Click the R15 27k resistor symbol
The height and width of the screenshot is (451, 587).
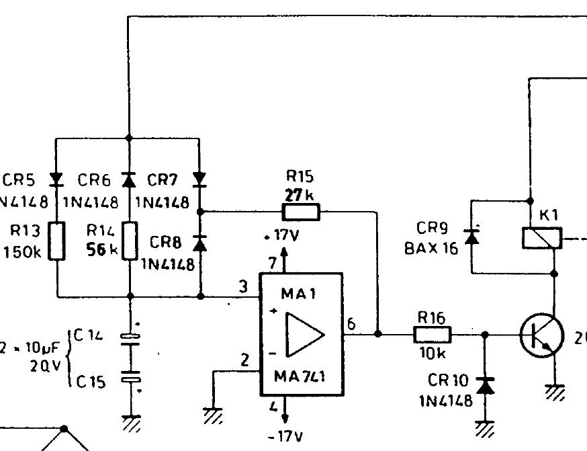pyautogui.click(x=301, y=212)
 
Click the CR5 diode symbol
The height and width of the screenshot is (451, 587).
pyautogui.click(x=57, y=179)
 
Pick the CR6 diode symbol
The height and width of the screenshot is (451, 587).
pyautogui.click(x=128, y=179)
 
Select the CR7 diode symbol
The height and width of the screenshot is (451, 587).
pyautogui.click(x=199, y=179)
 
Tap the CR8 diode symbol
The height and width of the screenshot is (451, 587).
pyautogui.click(x=199, y=243)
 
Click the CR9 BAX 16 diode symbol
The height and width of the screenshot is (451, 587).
pyautogui.click(x=472, y=236)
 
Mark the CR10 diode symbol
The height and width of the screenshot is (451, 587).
pyautogui.click(x=484, y=386)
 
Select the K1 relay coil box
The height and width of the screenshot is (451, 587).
pyautogui.click(x=542, y=238)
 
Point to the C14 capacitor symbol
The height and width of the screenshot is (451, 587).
pyautogui.click(x=132, y=337)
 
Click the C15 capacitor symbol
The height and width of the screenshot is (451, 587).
pyautogui.click(x=132, y=378)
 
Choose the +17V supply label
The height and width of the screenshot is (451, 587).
pyautogui.click(x=283, y=237)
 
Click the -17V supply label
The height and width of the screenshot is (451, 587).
pyautogui.click(x=284, y=437)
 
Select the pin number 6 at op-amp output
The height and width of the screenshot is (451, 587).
pyautogui.click(x=351, y=324)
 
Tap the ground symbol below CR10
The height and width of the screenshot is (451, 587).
pyautogui.click(x=484, y=427)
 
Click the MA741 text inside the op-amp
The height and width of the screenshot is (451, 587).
pyautogui.click(x=300, y=377)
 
